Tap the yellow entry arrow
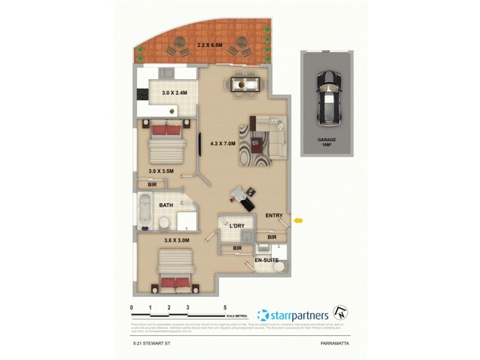[x=298, y=221]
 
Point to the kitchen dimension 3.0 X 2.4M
[x=175, y=93]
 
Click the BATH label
[x=167, y=205]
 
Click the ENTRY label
[x=274, y=215]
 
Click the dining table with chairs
[x=242, y=83]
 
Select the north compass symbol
[x=342, y=314]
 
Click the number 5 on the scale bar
[x=224, y=307]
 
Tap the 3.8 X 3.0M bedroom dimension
[x=177, y=240]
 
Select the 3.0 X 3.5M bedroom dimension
[x=161, y=171]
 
